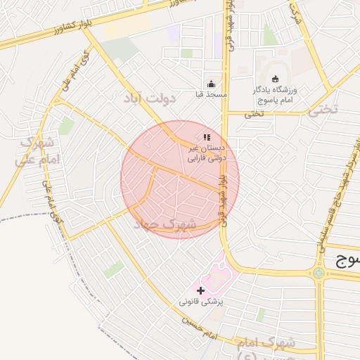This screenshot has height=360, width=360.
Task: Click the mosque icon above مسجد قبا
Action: point(210,84)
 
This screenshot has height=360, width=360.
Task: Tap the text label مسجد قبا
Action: point(211,94)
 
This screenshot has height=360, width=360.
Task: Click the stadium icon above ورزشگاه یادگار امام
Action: point(275,79)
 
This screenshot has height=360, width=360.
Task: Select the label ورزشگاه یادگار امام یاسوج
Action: point(277,95)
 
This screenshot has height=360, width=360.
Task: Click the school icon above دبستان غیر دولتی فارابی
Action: point(206,138)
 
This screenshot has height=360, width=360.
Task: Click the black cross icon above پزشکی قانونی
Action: point(201,290)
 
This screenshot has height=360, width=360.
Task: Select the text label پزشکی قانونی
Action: point(201,302)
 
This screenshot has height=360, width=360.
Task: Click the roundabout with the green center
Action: point(319,272)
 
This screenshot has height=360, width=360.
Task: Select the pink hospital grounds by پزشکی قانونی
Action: point(217,276)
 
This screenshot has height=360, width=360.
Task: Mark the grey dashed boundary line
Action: point(28,215)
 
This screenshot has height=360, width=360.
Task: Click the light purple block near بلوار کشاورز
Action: point(174,33)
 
